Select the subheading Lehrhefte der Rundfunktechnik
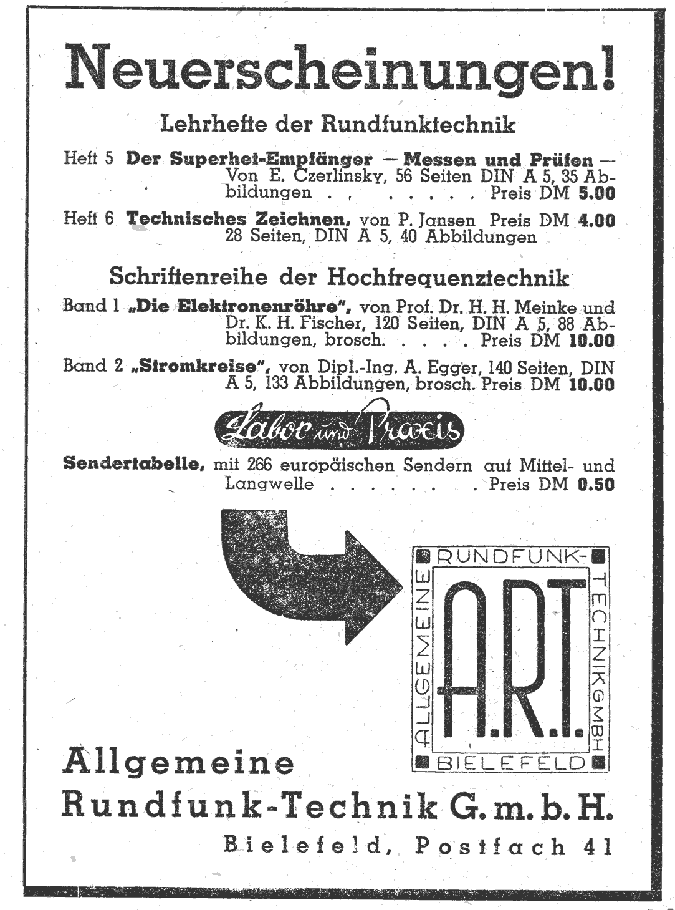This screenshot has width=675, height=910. pyautogui.click(x=338, y=124)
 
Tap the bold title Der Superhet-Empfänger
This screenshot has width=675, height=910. pyautogui.click(x=249, y=158)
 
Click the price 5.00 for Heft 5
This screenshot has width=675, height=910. pyautogui.click(x=596, y=193)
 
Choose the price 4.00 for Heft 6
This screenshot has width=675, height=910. pyautogui.click(x=596, y=220)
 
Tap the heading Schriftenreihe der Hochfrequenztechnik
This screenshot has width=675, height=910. pyautogui.click(x=339, y=276)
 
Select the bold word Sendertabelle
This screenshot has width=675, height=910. pyautogui.click(x=134, y=465)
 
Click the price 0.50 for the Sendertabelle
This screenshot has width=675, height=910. pyautogui.click(x=596, y=484)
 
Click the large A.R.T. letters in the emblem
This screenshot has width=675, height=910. pyautogui.click(x=510, y=657)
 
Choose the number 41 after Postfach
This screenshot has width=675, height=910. pyautogui.click(x=598, y=846)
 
